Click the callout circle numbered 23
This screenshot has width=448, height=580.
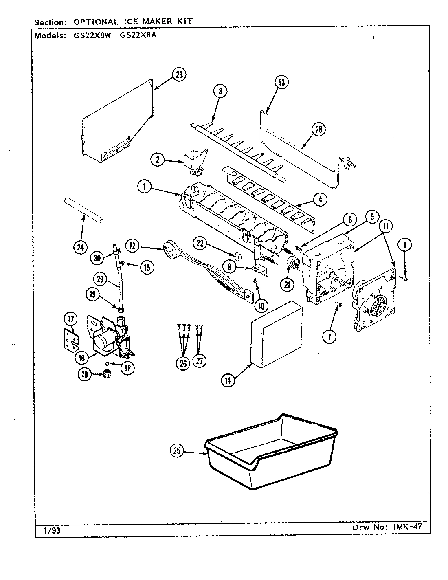tap(179, 75)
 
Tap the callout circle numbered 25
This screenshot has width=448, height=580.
tap(177, 451)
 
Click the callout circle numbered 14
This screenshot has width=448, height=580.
tap(228, 380)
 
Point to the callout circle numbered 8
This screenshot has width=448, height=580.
tap(404, 245)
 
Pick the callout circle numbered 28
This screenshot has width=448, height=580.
tap(319, 130)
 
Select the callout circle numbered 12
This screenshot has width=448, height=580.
tap(134, 246)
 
